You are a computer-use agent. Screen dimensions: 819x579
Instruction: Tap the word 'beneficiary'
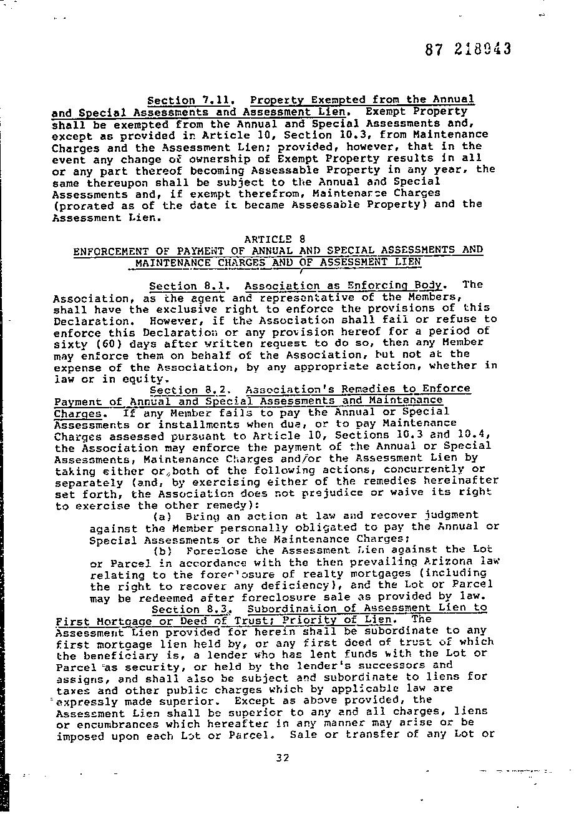point(111,654)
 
